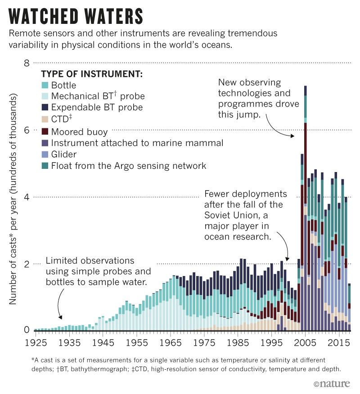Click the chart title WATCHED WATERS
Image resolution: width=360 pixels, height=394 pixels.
(76, 16)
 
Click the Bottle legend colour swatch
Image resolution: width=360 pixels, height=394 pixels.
(45, 85)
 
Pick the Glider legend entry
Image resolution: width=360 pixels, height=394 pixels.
(64, 154)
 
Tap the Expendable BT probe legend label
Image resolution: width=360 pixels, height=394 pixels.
(97, 107)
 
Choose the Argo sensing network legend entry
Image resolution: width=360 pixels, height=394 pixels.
(129, 166)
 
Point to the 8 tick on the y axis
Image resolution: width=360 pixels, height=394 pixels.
(27, 63)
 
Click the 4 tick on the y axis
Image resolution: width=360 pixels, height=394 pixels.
(27, 197)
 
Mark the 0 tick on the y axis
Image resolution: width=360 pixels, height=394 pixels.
(27, 330)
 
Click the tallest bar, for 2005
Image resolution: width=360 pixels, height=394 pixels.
(305, 207)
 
